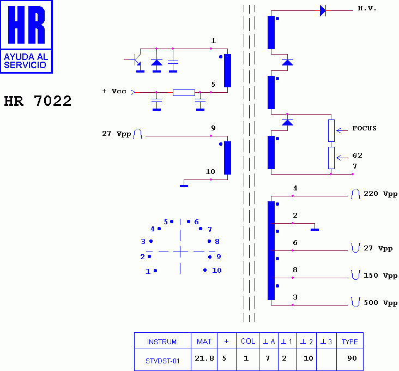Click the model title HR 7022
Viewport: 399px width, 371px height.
(38, 101)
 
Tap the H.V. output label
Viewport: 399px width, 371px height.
(367, 9)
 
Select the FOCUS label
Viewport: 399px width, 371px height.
(364, 129)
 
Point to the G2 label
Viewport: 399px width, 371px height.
(357, 155)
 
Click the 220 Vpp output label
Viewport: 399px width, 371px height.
(380, 194)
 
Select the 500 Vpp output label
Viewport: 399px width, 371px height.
(380, 302)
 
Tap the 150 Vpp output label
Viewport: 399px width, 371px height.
(380, 276)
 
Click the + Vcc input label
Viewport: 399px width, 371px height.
(114, 91)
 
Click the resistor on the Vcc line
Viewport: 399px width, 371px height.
(184, 92)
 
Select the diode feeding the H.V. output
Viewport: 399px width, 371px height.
(323, 10)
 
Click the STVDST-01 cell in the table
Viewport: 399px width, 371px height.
(162, 360)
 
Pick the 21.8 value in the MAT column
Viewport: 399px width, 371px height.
(204, 358)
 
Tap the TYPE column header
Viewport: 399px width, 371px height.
(349, 342)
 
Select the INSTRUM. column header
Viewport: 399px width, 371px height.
(162, 342)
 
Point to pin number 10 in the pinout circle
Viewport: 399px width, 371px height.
(217, 271)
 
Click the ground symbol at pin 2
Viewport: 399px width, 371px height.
(315, 229)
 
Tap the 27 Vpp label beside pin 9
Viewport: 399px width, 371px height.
(117, 134)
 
